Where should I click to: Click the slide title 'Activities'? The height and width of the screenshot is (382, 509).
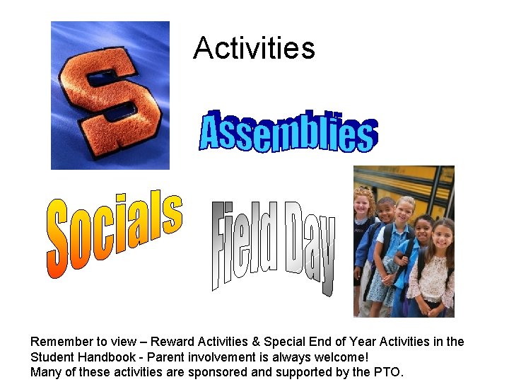(254, 48)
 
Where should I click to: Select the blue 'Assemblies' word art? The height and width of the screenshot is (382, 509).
(288, 131)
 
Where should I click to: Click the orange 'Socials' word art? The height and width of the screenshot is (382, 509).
(113, 233)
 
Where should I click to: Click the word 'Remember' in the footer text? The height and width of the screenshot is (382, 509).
(62, 342)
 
